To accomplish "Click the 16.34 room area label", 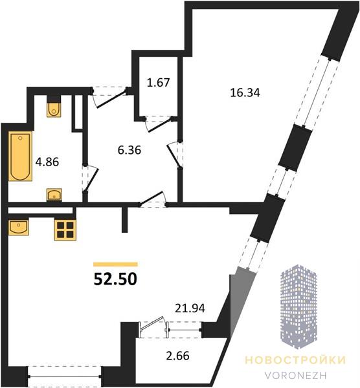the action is [245, 92].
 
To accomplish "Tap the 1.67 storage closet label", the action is [158, 82].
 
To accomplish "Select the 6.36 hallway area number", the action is [129, 150].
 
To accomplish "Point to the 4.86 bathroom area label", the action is [47, 162].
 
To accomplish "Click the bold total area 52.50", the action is [115, 279].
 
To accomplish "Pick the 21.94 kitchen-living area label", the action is [190, 308].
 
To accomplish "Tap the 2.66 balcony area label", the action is [177, 356].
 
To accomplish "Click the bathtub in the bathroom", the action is [20, 156].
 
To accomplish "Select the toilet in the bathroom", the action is [54, 109].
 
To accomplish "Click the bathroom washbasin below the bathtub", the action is [54, 195].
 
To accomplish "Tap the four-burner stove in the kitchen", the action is [65, 230].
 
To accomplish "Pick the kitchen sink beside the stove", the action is [19, 227].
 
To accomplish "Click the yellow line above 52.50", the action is [115, 264].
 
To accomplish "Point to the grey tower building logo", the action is [298, 307].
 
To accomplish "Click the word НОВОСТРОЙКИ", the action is [295, 360].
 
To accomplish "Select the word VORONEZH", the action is [295, 375].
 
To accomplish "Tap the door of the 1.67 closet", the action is [159, 125].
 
